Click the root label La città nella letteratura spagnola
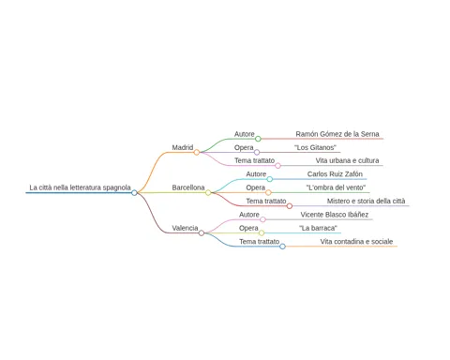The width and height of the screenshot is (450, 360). pyautogui.click(x=80, y=187)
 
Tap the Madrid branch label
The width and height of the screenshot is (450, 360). pyautogui.click(x=183, y=147)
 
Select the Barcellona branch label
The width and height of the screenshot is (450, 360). pyautogui.click(x=188, y=187)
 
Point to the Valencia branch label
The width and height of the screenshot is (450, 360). pyautogui.click(x=185, y=228)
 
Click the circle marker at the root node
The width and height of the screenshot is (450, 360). pyautogui.click(x=134, y=193)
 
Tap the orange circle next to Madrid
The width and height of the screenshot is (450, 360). pyautogui.click(x=197, y=153)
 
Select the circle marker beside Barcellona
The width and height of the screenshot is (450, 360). pyautogui.click(x=208, y=193)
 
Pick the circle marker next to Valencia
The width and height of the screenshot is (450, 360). pyautogui.click(x=202, y=233)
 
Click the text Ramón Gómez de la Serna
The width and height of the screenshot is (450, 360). pyautogui.click(x=337, y=134)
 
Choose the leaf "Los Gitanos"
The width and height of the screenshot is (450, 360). pyautogui.click(x=315, y=147)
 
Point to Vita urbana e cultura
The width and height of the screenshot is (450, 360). pyautogui.click(x=347, y=160)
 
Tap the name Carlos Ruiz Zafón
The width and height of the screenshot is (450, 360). pyautogui.click(x=335, y=174)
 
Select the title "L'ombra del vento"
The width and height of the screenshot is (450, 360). pyautogui.click(x=336, y=187)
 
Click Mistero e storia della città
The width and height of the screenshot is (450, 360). pyautogui.click(x=366, y=201)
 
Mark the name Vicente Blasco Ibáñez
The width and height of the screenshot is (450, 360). pyautogui.click(x=335, y=215)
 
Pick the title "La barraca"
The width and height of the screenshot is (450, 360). pyautogui.click(x=318, y=228)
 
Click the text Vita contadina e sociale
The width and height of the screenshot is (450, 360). pyautogui.click(x=356, y=242)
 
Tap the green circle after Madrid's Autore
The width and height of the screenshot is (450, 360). pyautogui.click(x=258, y=139)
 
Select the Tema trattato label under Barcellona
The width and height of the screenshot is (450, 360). pyautogui.click(x=266, y=201)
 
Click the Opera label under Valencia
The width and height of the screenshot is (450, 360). pyautogui.click(x=248, y=228)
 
